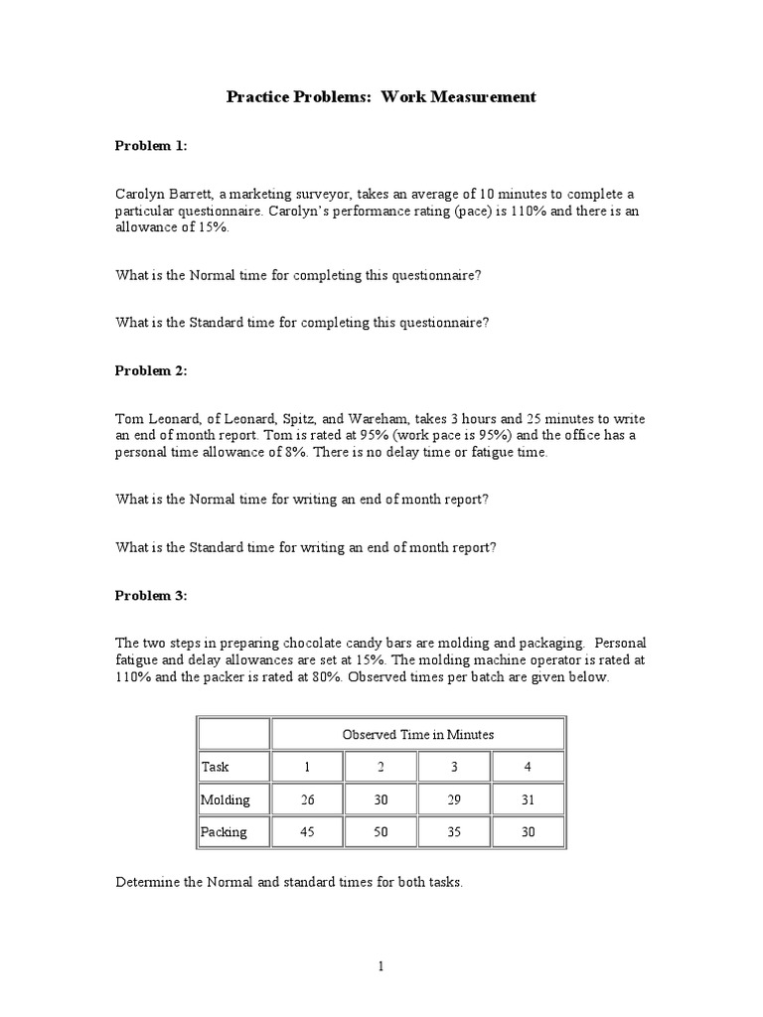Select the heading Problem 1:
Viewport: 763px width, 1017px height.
point(150,146)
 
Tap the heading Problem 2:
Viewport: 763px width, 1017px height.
point(150,370)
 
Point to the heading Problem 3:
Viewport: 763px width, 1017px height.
point(150,596)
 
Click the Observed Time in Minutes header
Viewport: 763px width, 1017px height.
point(417,735)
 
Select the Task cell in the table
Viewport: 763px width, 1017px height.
point(216,767)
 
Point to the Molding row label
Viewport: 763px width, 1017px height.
point(226,799)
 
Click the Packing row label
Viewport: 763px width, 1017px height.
point(225,832)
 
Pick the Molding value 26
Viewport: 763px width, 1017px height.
point(307,799)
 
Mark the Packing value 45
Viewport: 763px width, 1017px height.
point(307,832)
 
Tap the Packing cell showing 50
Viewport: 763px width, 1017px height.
point(381,832)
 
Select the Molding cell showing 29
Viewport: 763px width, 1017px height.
point(454,799)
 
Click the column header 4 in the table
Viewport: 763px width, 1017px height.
point(528,767)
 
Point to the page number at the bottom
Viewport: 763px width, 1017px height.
point(381,966)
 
